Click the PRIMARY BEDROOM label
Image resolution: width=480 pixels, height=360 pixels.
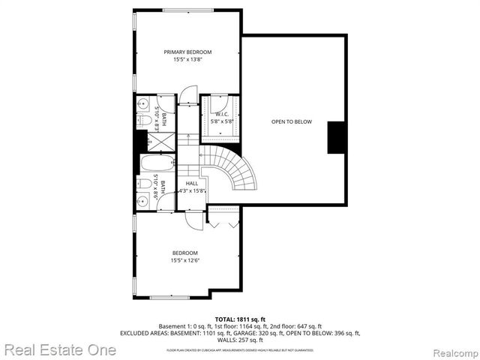click(x=187, y=52)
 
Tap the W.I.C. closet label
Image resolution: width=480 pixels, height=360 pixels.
click(x=221, y=114)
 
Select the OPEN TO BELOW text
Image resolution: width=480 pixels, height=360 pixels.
click(x=291, y=122)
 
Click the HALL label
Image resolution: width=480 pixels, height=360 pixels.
click(x=192, y=183)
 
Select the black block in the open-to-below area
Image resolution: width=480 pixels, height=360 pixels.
click(x=337, y=137)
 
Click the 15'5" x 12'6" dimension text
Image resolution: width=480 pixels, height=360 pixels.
click(x=184, y=261)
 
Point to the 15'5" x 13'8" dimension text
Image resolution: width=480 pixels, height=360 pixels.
click(x=187, y=59)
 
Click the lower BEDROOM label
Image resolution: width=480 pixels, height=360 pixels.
click(x=184, y=253)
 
